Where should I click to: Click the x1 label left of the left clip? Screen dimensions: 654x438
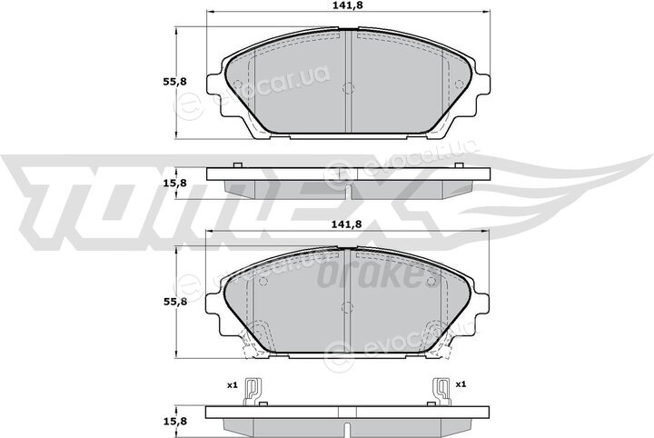click(233, 385)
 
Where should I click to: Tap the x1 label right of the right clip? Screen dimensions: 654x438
click(461, 384)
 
